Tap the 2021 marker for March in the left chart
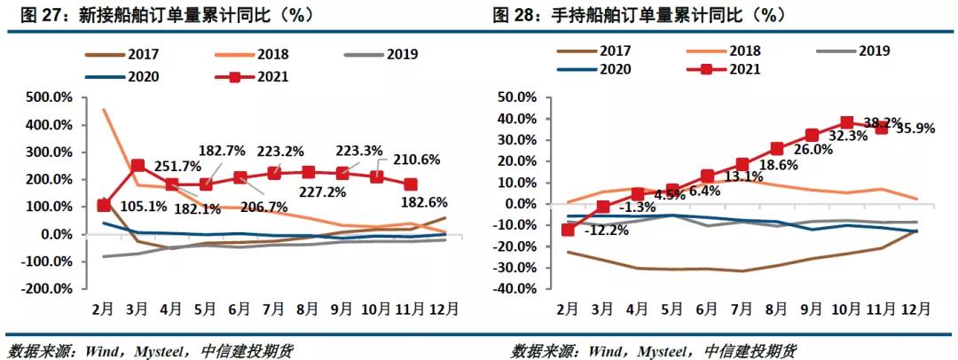tap(137, 166)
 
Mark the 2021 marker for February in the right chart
tap(568, 230)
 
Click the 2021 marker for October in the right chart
tap(847, 123)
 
